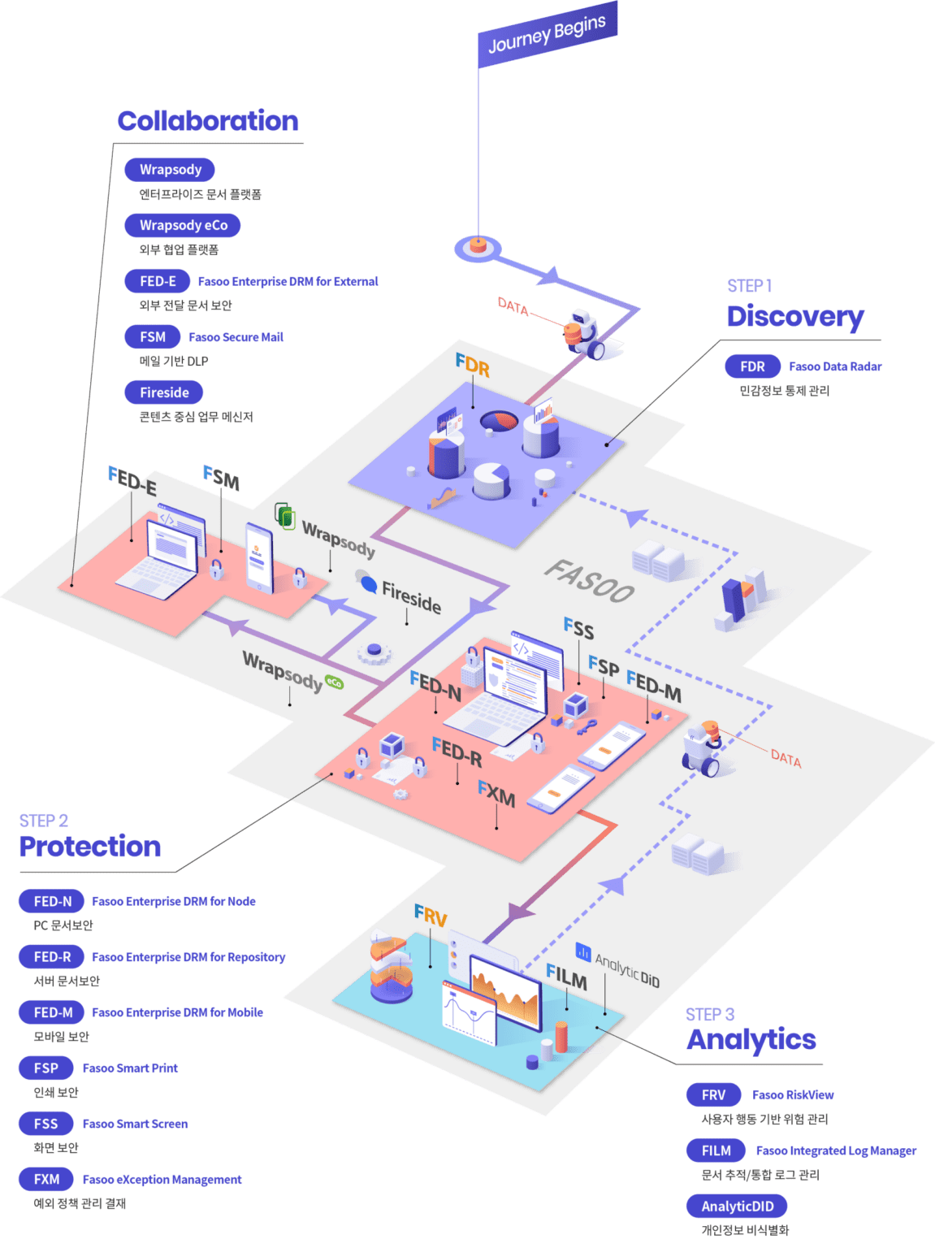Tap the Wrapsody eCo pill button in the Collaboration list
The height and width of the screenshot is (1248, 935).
click(183, 225)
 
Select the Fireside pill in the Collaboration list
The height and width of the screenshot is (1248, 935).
click(164, 392)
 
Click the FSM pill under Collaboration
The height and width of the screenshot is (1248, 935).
click(153, 336)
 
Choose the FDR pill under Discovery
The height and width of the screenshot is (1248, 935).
click(752, 366)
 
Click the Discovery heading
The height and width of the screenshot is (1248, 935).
click(794, 316)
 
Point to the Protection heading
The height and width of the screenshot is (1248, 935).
click(90, 846)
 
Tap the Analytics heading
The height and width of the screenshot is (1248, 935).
click(751, 1039)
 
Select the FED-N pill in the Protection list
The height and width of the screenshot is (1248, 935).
click(52, 901)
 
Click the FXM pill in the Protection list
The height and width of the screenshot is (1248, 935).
click(46, 1179)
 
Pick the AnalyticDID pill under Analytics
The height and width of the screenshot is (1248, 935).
click(738, 1206)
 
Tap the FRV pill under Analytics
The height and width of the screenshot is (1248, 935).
click(713, 1094)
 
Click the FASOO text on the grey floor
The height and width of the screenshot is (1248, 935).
click(589, 581)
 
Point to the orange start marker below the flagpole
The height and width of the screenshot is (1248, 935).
click(478, 246)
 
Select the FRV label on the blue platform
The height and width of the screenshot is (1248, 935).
click(431, 916)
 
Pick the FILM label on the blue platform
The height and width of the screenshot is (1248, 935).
click(566, 977)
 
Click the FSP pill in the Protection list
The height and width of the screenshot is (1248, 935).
click(46, 1068)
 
